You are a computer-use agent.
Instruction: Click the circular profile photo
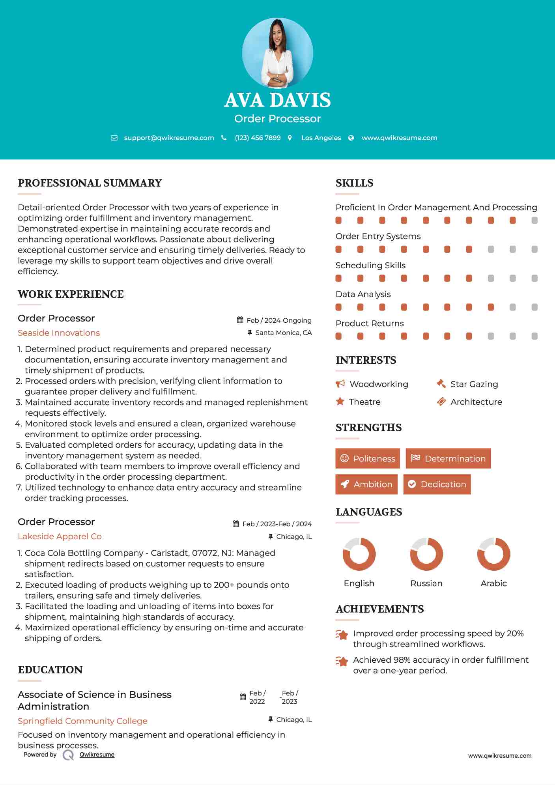click(x=277, y=53)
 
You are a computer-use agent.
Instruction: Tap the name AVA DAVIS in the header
click(x=277, y=100)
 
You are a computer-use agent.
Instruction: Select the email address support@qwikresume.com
click(x=169, y=138)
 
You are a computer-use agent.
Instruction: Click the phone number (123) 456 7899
click(x=258, y=138)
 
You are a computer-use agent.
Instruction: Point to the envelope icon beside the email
click(x=114, y=138)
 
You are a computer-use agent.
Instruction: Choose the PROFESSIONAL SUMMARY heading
click(x=90, y=183)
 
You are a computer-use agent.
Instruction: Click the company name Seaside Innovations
click(x=59, y=333)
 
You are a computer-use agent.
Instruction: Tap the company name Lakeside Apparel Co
click(x=60, y=536)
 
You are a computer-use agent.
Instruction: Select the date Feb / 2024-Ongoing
click(x=279, y=320)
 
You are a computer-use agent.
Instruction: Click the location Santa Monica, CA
click(x=283, y=333)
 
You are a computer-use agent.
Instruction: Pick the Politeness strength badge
click(x=368, y=458)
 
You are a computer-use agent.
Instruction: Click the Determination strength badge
click(x=448, y=458)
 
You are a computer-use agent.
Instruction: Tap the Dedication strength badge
click(x=437, y=484)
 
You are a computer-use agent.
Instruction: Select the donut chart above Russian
click(x=426, y=554)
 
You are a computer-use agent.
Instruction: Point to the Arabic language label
click(x=493, y=583)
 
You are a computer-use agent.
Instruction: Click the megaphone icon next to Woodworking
click(x=340, y=384)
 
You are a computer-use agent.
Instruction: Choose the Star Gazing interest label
click(x=474, y=384)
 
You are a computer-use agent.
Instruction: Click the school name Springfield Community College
click(x=82, y=721)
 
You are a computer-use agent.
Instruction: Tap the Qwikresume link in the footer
click(x=97, y=755)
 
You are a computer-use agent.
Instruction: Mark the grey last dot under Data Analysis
click(x=534, y=307)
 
